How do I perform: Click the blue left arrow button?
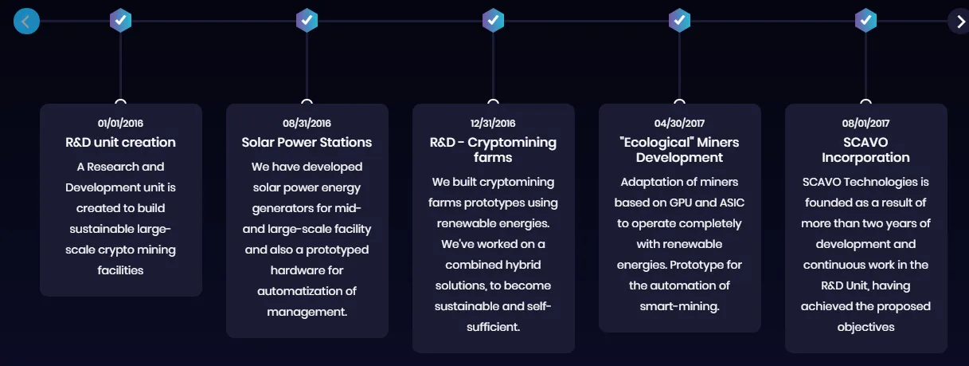(x=26, y=22)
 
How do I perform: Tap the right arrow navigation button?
(x=959, y=22)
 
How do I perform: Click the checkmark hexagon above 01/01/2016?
(x=121, y=21)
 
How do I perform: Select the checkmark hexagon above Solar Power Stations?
(x=307, y=21)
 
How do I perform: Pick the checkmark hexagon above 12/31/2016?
(x=493, y=21)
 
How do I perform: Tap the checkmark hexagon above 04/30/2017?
(x=679, y=21)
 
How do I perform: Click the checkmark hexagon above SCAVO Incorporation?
(x=865, y=21)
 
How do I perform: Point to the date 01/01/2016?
(x=120, y=124)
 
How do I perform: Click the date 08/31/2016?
(x=307, y=124)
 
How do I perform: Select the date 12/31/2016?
(x=493, y=124)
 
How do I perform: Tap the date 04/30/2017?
(x=679, y=124)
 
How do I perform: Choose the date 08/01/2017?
(x=865, y=124)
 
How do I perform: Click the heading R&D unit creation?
(x=121, y=142)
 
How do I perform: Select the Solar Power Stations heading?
(x=307, y=142)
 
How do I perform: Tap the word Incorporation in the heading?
(x=865, y=158)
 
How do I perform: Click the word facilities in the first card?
(x=120, y=270)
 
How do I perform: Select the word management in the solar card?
(x=307, y=313)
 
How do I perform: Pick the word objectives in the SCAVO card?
(x=865, y=327)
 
